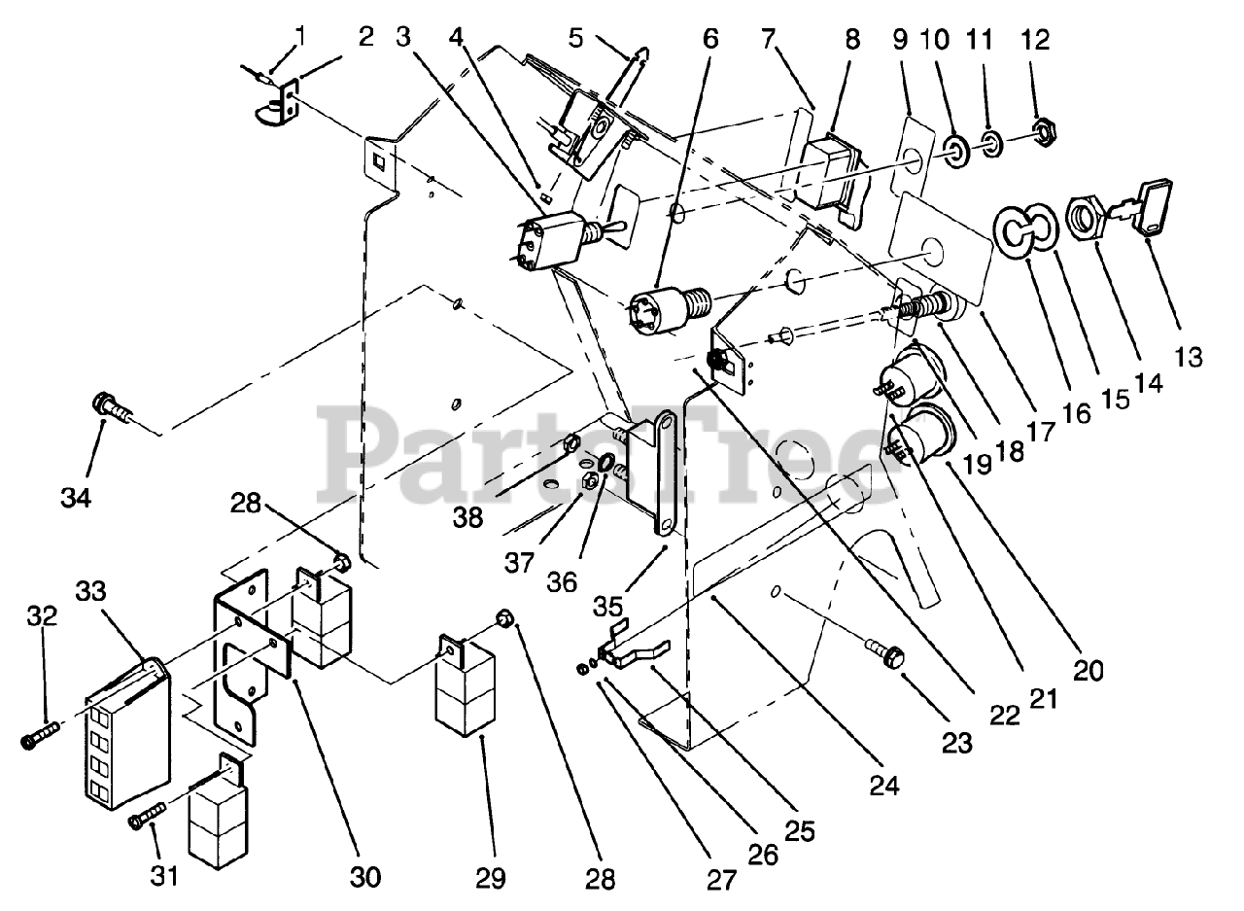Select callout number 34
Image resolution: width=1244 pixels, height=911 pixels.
click(76, 499)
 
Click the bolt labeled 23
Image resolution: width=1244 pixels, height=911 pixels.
click(886, 657)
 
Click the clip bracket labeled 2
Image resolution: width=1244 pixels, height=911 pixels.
click(275, 107)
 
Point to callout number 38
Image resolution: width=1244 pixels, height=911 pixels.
click(468, 518)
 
